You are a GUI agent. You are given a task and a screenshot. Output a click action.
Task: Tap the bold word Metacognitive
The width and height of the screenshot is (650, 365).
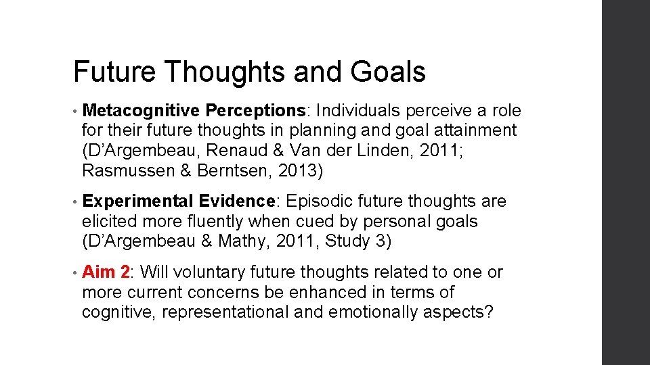pyautogui.click(x=141, y=110)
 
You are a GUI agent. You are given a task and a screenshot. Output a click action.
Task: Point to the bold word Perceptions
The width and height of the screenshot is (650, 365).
pyautogui.click(x=257, y=110)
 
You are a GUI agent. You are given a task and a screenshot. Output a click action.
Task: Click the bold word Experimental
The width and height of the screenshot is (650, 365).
pyautogui.click(x=137, y=201)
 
